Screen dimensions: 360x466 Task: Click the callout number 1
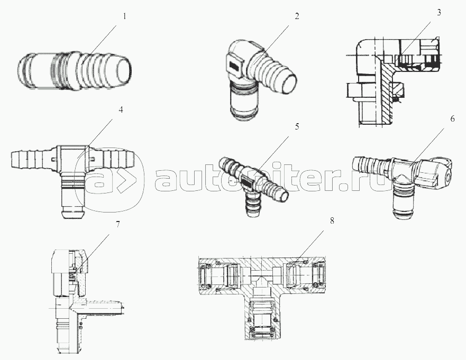click(125, 16)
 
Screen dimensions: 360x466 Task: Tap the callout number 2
click(297, 16)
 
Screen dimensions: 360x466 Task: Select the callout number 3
click(439, 12)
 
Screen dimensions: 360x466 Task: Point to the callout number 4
click(121, 110)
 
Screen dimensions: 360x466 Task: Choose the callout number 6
click(452, 119)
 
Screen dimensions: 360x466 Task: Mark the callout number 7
click(118, 224)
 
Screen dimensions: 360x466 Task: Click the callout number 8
click(332, 221)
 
